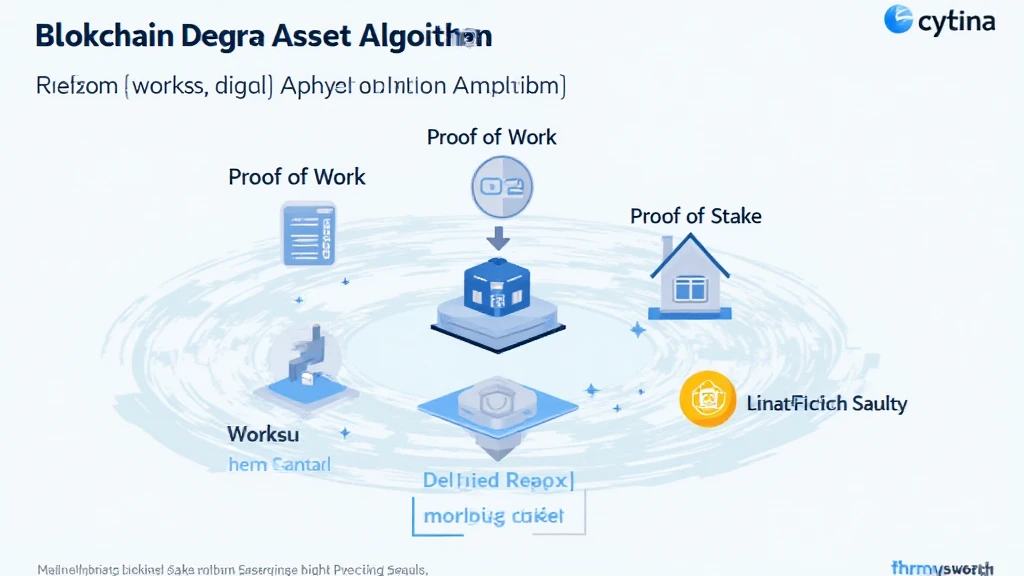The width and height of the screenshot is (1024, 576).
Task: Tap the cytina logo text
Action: coord(955,21)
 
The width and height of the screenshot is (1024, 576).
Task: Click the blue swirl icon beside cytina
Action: coord(898,19)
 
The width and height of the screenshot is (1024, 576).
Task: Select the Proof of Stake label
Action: coord(695,216)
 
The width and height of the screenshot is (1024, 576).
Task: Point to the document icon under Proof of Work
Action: coord(310,234)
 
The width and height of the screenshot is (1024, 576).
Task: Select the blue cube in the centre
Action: coord(497,287)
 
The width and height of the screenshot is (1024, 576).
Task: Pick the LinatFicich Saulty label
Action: coord(826,404)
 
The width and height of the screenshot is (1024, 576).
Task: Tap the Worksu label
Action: coord(263,434)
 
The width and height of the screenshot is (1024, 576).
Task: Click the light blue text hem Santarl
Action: coord(279,464)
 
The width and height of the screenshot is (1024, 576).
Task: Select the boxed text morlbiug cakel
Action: coord(495,516)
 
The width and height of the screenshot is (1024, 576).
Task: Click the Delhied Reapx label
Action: coord(497,480)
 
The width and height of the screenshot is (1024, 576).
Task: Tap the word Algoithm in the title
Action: coord(429,36)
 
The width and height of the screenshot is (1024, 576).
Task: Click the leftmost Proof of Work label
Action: coord(297,177)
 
